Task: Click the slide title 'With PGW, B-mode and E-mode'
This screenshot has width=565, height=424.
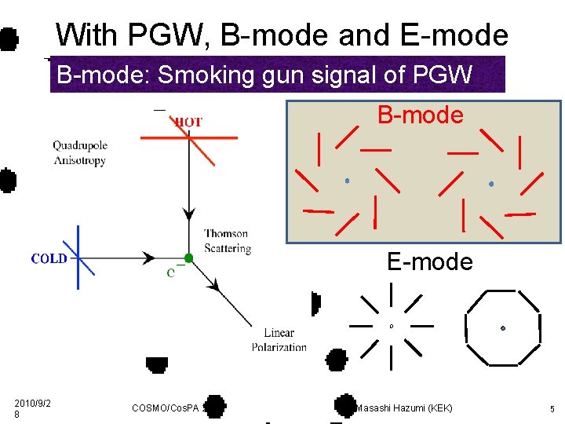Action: click(282, 35)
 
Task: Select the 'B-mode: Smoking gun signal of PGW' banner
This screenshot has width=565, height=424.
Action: click(264, 75)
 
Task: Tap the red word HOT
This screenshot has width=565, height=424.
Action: click(188, 122)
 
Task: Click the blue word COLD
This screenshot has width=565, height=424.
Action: click(49, 259)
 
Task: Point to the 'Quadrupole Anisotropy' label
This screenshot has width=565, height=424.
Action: click(79, 153)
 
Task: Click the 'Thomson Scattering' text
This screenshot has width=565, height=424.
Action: click(227, 241)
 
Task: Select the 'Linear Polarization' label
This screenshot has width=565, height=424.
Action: click(279, 340)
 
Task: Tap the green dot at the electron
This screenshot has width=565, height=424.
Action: click(188, 258)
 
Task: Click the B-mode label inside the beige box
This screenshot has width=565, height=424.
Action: click(421, 115)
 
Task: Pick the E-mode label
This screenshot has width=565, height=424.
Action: click(430, 261)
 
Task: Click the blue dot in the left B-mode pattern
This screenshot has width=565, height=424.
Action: click(347, 181)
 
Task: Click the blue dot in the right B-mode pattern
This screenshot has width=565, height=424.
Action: click(491, 184)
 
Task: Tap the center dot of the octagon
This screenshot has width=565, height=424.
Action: click(502, 327)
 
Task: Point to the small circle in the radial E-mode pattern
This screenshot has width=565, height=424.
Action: click(391, 325)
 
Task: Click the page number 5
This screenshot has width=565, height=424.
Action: click(552, 409)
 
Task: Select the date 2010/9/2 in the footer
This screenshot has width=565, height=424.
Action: click(32, 404)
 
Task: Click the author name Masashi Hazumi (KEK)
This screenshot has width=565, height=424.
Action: click(404, 408)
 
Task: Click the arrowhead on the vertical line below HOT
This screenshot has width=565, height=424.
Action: click(188, 214)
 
